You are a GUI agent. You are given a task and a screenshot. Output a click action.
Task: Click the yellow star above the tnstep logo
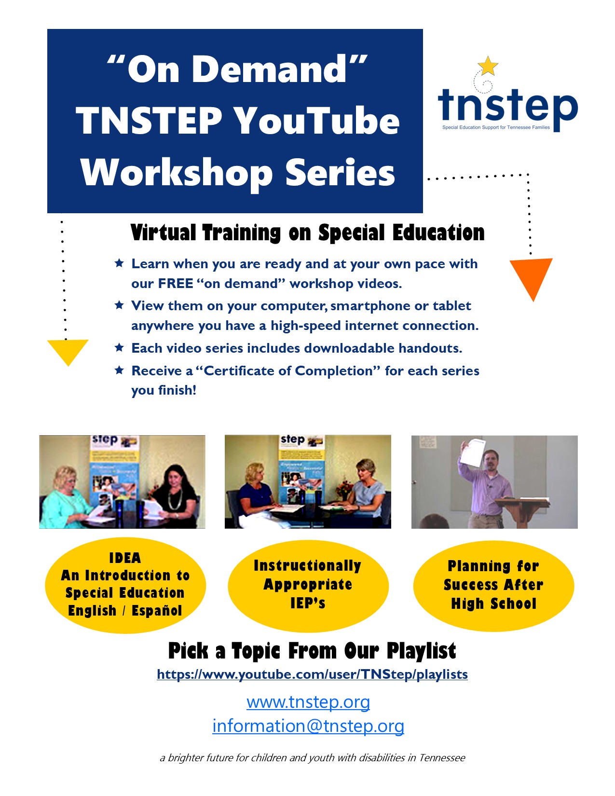pos(488,66)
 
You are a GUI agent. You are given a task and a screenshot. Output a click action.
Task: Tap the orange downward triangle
pos(531,276)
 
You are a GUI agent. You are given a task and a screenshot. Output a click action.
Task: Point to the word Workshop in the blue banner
pos(177,173)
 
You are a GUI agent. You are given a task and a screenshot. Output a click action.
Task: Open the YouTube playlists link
pos(312,674)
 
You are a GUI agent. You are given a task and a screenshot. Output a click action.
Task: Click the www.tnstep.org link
pos(308,702)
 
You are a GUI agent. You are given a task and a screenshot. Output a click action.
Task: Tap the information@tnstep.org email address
pos(308,726)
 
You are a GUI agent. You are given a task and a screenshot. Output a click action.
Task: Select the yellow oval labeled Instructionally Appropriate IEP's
pos(308,586)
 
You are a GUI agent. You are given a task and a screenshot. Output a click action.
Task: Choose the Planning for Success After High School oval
pos(493,586)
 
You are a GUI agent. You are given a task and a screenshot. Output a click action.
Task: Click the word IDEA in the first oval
pos(125,558)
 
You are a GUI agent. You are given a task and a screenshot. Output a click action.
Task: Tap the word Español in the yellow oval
pos(157,611)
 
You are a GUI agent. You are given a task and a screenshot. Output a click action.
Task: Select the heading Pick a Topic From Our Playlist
pos(312,651)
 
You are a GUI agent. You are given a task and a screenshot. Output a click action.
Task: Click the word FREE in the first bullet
pos(176,284)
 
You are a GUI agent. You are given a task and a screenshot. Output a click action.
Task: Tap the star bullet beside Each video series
pos(119,347)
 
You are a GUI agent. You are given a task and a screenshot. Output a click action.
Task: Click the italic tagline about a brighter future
pos(313,757)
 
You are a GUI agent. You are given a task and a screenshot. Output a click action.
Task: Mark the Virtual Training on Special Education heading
pos(307,233)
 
